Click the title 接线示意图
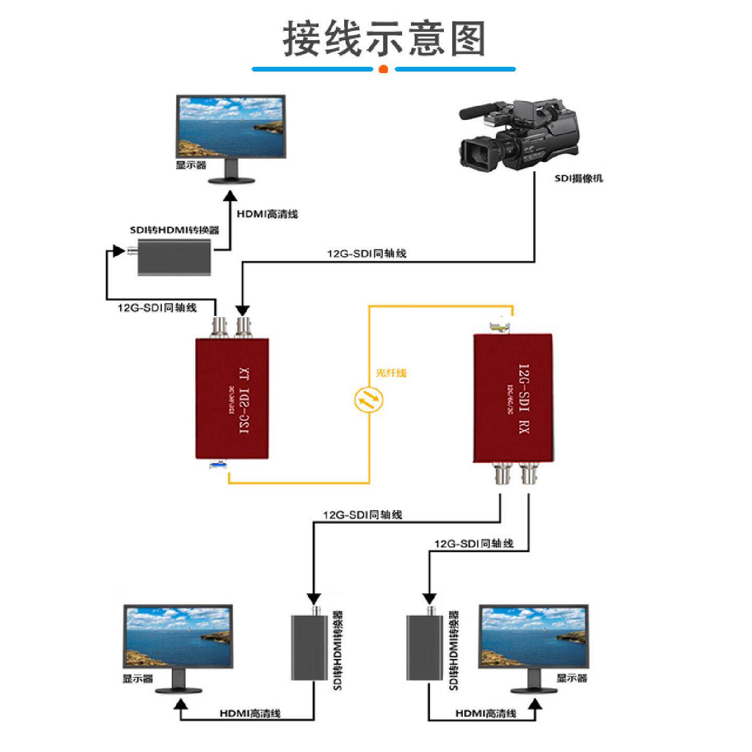click(x=384, y=39)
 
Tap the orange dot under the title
click(x=383, y=69)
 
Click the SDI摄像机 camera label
click(x=579, y=178)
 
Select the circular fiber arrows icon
click(x=368, y=401)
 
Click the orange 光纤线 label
click(x=391, y=373)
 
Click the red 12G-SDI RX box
click(x=513, y=398)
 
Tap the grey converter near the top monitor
click(x=174, y=257)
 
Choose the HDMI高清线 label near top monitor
click(x=267, y=214)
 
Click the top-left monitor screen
click(x=231, y=126)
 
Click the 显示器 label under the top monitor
click(x=191, y=165)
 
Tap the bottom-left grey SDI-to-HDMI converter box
click(x=309, y=648)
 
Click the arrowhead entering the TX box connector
click(x=242, y=311)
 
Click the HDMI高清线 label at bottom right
click(x=486, y=713)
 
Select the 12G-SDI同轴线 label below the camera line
click(x=367, y=254)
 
